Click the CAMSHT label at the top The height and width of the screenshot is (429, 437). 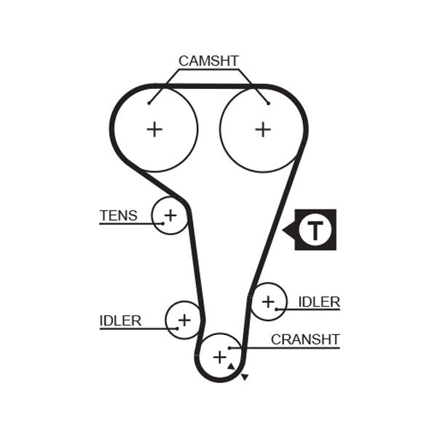click(x=208, y=61)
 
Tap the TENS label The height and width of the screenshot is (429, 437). click(x=117, y=215)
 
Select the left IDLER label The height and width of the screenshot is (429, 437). click(x=120, y=320)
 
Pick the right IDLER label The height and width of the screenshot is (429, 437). click(x=319, y=302)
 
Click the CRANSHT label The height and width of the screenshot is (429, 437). click(x=305, y=339)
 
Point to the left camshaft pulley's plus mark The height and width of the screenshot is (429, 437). click(x=154, y=130)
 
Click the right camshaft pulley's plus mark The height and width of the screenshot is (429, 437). click(x=262, y=130)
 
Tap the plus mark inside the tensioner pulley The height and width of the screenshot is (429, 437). click(x=170, y=215)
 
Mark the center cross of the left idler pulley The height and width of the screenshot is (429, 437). click(x=184, y=319)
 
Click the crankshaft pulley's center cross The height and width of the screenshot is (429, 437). click(x=219, y=357)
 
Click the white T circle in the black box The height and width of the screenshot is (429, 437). click(x=315, y=230)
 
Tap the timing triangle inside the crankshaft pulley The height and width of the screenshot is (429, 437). click(x=231, y=366)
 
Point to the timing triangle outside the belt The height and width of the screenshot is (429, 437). click(x=245, y=377)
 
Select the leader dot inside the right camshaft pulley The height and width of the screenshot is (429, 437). click(x=268, y=103)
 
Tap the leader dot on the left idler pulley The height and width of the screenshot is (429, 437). click(x=177, y=328)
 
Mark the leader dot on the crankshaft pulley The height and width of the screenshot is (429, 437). click(x=229, y=348)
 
